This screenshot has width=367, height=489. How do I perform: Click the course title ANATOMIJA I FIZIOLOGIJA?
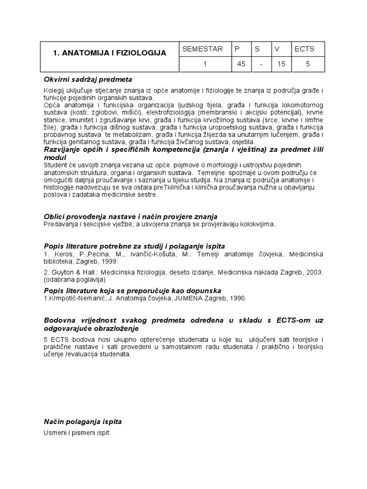point(109,53)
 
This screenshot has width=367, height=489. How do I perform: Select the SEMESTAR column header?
point(203,49)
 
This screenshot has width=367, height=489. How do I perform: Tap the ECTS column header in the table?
point(304,49)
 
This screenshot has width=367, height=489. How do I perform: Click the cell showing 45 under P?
point(241,64)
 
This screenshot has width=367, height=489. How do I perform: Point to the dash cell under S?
point(261,64)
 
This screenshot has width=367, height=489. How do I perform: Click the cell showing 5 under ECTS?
point(308,64)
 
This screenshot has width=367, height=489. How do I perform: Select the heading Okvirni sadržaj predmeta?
point(88,79)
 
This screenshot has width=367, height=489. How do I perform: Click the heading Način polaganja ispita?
point(83,422)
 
